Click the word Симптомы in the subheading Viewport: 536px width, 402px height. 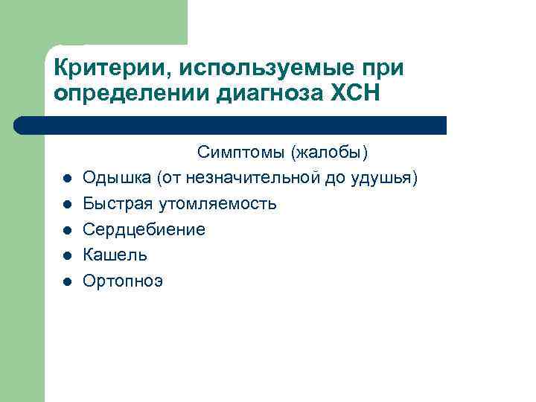tap(242, 153)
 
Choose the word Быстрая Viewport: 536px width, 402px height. tap(115, 203)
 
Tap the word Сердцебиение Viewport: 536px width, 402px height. tap(144, 229)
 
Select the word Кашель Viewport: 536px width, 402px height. tap(115, 255)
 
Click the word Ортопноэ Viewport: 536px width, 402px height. tap(123, 281)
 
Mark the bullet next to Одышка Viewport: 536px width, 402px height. tap(66, 179)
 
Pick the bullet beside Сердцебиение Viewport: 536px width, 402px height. tap(66, 230)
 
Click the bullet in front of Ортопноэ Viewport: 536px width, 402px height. tap(66, 282)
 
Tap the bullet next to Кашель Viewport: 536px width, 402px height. tap(66, 256)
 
